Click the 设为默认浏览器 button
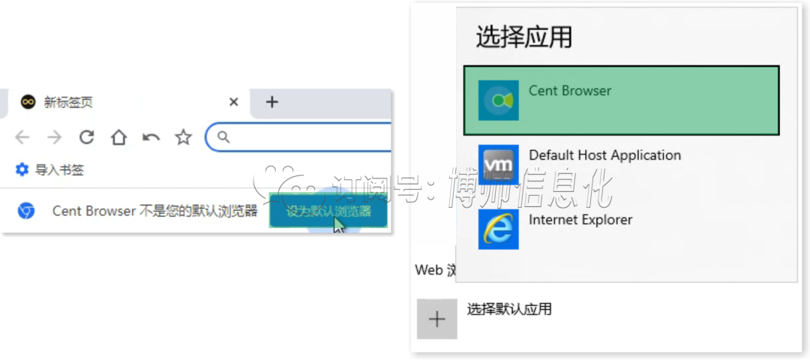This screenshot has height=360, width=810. (x=328, y=211)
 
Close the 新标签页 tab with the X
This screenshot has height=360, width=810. (x=234, y=102)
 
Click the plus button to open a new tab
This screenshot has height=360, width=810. (x=272, y=102)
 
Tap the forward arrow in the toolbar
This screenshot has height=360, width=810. (x=55, y=137)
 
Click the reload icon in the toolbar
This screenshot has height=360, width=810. (x=87, y=137)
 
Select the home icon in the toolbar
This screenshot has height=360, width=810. (x=118, y=137)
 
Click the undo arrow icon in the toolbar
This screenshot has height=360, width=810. (x=151, y=137)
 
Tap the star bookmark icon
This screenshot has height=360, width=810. (x=183, y=137)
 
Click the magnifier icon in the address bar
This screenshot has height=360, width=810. (x=223, y=137)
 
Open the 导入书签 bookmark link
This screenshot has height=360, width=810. (x=59, y=170)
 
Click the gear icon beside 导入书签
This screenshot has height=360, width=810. (x=22, y=170)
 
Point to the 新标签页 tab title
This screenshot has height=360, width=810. (x=68, y=102)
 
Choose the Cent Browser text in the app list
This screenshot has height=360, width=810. (x=570, y=91)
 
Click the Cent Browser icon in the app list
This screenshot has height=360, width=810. (x=498, y=100)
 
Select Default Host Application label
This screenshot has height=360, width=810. (x=604, y=155)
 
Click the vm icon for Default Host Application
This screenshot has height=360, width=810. (x=498, y=164)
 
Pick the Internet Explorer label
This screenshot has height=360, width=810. (x=580, y=220)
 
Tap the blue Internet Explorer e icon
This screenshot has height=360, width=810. (x=498, y=229)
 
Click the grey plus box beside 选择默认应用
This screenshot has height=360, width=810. (x=436, y=319)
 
